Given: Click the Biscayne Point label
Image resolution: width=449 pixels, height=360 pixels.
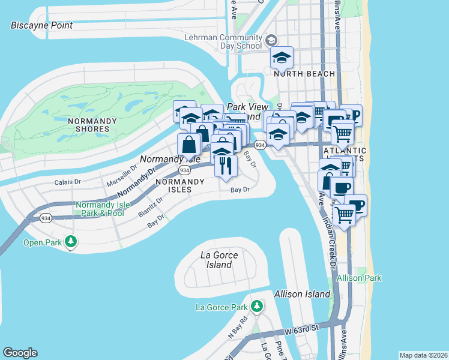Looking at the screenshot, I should tap(42, 25).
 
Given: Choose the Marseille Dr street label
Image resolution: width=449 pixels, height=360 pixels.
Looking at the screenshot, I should tap(122, 174).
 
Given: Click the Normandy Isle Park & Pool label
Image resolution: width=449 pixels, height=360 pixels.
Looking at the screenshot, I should tap(100, 209).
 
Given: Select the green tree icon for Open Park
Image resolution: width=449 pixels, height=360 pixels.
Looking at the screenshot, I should tap(71, 242).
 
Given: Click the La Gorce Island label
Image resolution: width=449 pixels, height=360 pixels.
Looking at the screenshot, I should tap(219, 260).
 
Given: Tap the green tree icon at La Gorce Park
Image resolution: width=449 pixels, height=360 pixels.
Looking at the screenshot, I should tap(257, 307).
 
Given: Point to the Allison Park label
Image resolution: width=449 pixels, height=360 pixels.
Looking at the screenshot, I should tap(359, 278).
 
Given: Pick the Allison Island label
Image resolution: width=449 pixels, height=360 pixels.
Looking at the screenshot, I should tap(302, 294).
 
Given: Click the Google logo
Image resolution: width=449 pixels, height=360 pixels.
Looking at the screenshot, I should tap(20, 353).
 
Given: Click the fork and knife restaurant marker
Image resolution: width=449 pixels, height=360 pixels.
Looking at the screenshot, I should tap(226, 166).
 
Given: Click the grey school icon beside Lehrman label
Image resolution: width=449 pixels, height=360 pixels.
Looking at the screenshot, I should tap(271, 41).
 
